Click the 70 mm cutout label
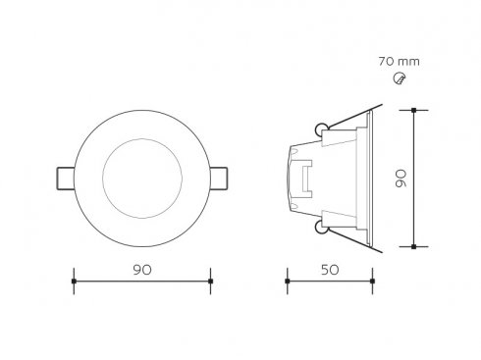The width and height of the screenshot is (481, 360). (x=399, y=62)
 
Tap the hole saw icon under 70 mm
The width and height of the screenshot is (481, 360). (x=400, y=78)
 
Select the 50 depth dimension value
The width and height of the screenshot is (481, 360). (x=330, y=270)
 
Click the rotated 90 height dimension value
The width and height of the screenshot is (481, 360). (x=401, y=179)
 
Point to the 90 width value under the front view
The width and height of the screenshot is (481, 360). (x=142, y=270)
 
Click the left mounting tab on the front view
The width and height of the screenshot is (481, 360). (x=66, y=179)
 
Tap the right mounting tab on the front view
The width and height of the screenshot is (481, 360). (x=219, y=179)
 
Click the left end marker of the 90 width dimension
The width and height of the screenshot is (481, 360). (x=74, y=282)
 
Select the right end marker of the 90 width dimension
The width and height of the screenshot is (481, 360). (x=211, y=282)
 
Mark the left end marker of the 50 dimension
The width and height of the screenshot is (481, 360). (x=288, y=282)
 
